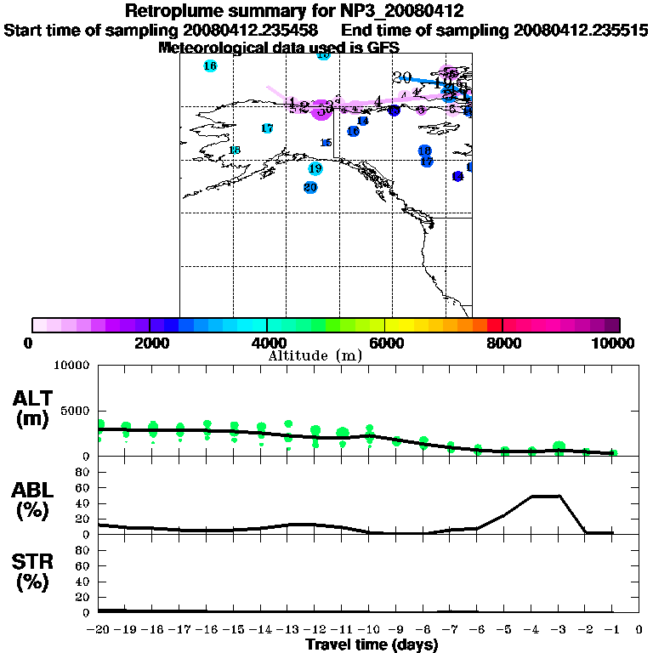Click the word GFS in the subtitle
click(383, 48)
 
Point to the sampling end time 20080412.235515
click(581, 31)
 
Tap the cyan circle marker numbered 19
click(315, 168)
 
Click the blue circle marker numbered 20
click(310, 187)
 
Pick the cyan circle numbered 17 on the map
click(267, 128)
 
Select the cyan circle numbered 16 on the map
click(210, 65)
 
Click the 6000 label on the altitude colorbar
click(385, 343)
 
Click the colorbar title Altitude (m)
click(315, 355)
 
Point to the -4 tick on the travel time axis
click(532, 629)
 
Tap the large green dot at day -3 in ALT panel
click(559, 447)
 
